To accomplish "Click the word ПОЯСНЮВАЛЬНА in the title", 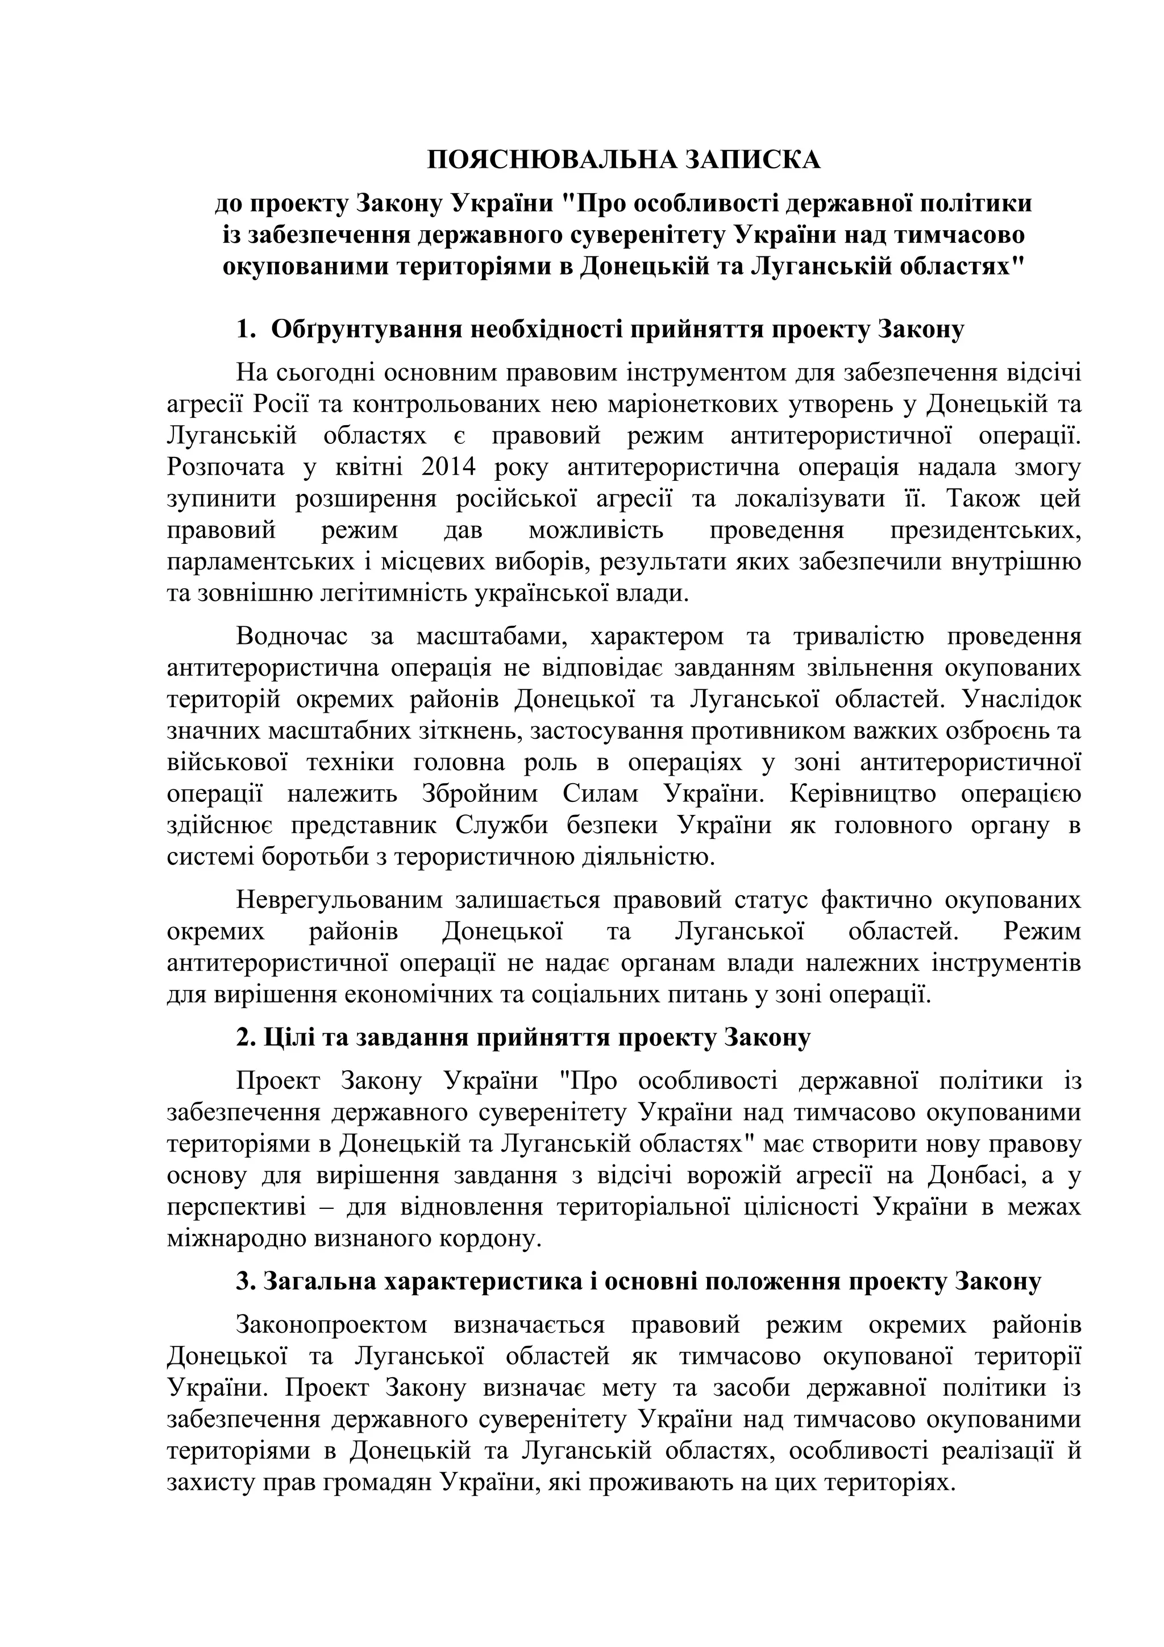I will point(551,159).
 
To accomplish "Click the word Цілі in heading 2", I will point(285,1037).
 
